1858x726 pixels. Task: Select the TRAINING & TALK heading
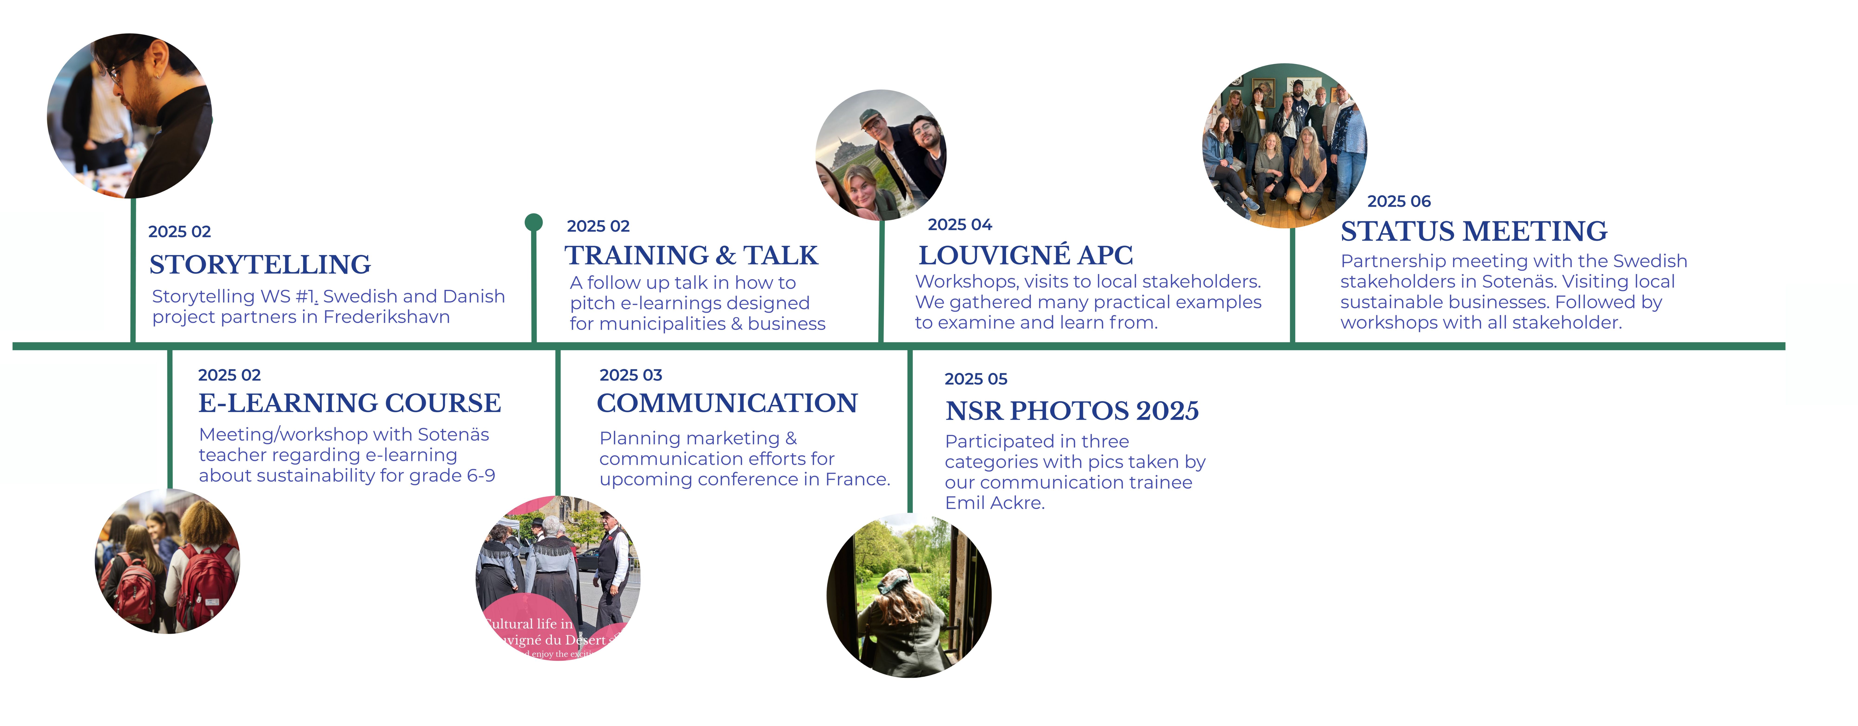(x=691, y=256)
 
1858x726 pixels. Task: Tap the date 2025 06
(x=1399, y=201)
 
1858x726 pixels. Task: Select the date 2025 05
(x=976, y=379)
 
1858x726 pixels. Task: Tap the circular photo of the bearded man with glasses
(x=130, y=115)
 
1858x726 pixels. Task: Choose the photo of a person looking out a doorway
(x=909, y=595)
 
